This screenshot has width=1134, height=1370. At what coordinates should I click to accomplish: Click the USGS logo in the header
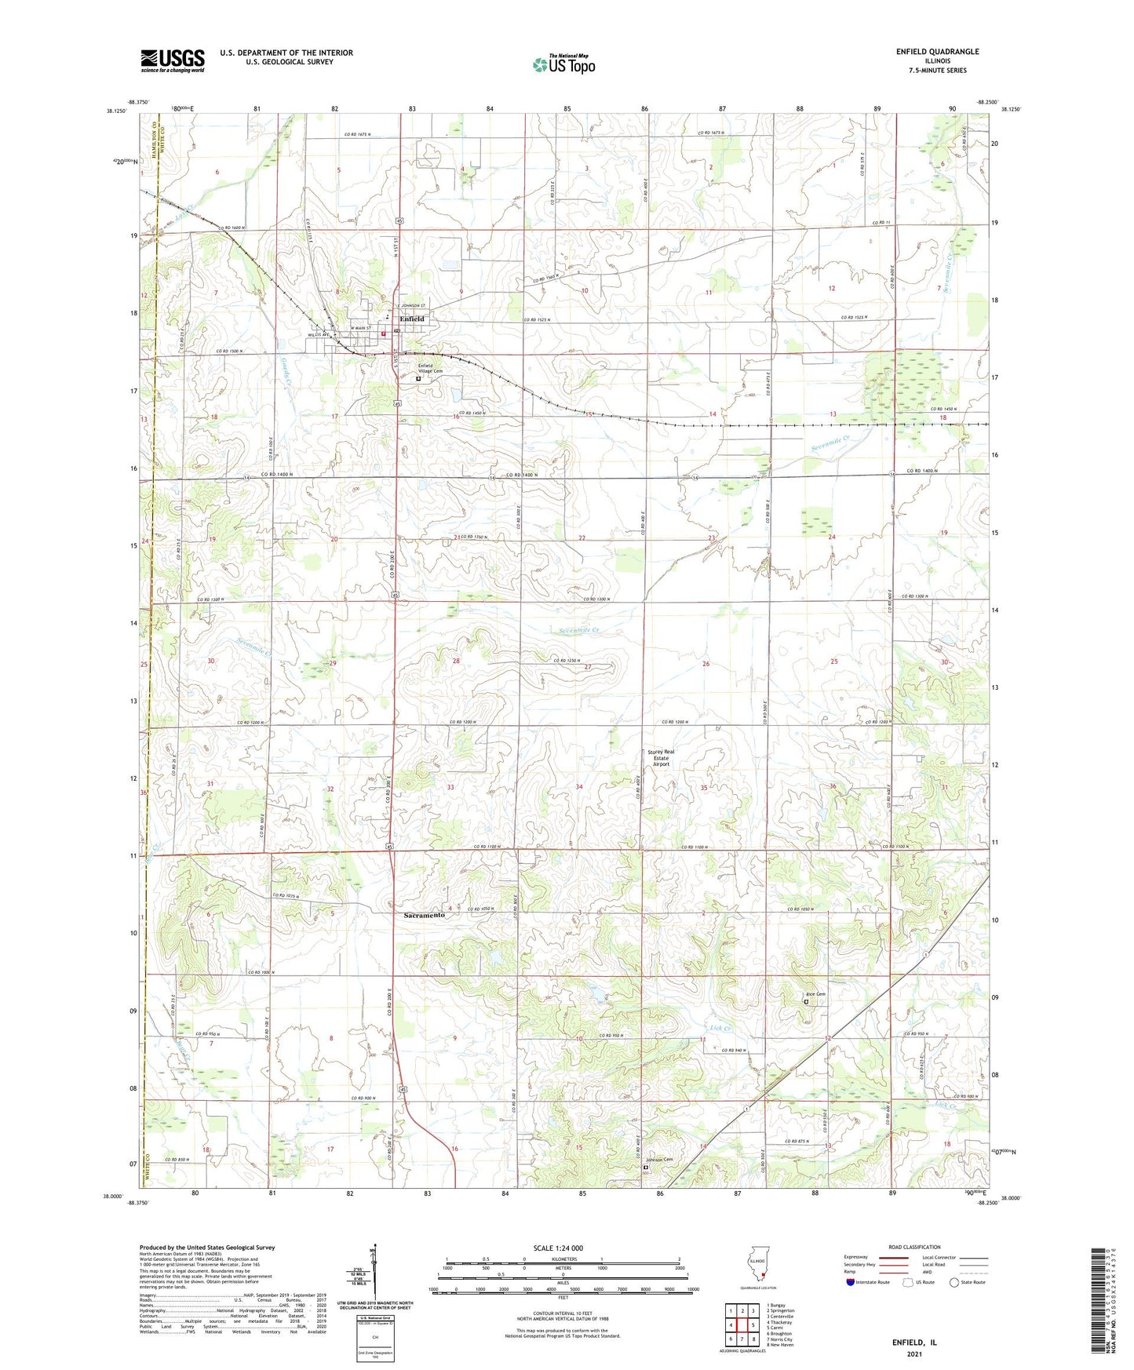pos(173,60)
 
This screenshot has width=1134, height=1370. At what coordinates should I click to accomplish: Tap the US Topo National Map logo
pos(563,64)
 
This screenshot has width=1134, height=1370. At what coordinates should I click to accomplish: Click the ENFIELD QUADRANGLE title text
pos(937,52)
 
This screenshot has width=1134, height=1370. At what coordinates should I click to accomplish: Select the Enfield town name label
pos(411,319)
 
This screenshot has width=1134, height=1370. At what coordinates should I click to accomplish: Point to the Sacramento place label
pos(425,915)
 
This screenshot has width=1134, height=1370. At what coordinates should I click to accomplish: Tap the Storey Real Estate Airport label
pos(661,757)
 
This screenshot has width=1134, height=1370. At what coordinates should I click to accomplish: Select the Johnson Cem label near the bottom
pos(659,1160)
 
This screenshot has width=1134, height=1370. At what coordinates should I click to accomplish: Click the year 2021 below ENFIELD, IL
pos(913,1354)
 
